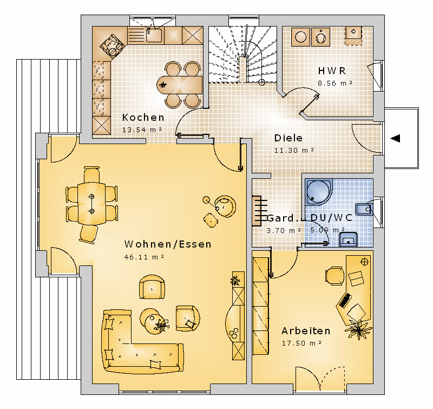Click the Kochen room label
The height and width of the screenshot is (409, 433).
click(x=143, y=118)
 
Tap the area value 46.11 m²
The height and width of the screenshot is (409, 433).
click(x=144, y=257)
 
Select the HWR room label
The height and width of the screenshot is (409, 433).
click(x=332, y=71)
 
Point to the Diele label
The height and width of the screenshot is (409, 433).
click(x=288, y=138)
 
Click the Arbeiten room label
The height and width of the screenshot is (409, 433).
click(x=306, y=331)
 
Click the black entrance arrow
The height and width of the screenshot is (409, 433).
click(x=395, y=138)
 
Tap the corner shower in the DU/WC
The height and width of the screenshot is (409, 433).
click(x=319, y=192)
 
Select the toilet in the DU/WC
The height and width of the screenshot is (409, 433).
click(x=364, y=209)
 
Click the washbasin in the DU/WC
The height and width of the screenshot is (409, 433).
click(x=348, y=239)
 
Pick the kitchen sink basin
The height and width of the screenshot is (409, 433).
click(x=154, y=35)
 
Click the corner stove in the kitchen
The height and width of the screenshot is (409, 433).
click(x=112, y=46)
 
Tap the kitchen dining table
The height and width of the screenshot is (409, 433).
click(x=180, y=85)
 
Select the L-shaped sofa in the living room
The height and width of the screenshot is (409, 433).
click(x=138, y=343)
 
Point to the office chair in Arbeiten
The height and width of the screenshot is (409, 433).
click(x=335, y=276)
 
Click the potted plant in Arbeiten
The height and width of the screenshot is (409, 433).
click(x=358, y=329)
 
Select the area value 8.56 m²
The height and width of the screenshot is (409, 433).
click(x=335, y=83)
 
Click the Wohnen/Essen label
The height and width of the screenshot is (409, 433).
click(x=168, y=244)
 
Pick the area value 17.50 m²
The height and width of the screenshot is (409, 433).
click(x=301, y=343)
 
